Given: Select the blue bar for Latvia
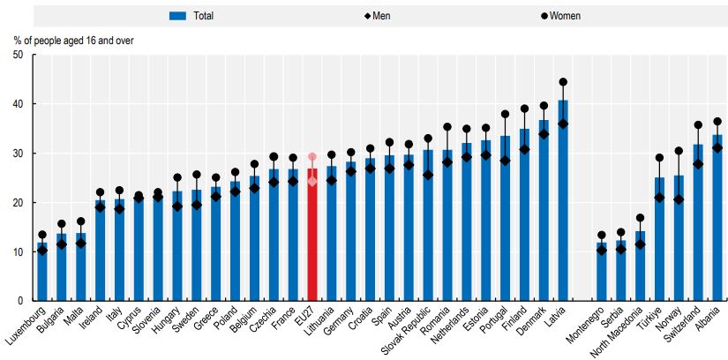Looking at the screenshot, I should [x=562, y=203].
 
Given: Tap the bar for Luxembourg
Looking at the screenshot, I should [x=41, y=272].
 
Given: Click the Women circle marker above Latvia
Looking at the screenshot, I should [x=562, y=82].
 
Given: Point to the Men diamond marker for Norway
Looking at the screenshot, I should [x=679, y=199].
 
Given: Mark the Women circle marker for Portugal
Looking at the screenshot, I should [x=505, y=114].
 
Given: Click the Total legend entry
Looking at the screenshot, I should [x=191, y=15].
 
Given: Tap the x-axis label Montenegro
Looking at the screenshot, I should [x=589, y=327].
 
